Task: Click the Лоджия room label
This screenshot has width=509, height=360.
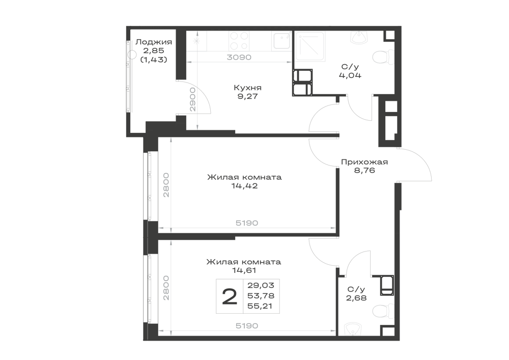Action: [154, 42]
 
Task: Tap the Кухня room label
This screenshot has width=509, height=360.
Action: [248, 88]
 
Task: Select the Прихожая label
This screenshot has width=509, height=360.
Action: [364, 161]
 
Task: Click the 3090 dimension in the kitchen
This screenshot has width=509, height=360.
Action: [239, 57]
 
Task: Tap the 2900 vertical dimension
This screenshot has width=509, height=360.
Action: [192, 99]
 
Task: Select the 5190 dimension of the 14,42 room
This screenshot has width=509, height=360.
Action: [247, 223]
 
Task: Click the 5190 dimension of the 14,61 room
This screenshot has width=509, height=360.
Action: [247, 325]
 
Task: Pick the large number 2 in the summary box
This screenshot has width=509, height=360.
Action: [230, 297]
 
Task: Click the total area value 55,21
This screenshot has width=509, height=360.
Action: [261, 306]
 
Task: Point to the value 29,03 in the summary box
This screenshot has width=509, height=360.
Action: [261, 285]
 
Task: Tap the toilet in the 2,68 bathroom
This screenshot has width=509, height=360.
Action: [383, 311]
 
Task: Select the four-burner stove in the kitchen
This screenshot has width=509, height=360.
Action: [239, 41]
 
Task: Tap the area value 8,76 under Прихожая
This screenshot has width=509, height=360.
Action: [364, 170]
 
